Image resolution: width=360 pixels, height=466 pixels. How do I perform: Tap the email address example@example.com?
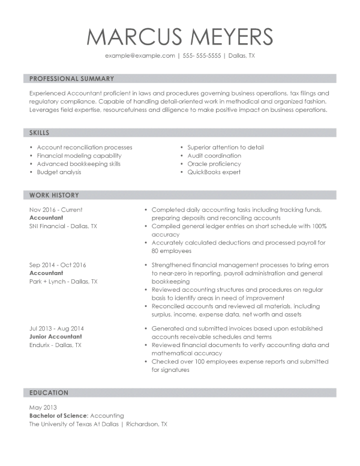(x=140, y=55)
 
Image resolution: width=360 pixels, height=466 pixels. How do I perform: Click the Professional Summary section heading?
(x=71, y=79)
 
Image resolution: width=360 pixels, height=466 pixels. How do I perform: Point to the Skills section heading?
(x=40, y=133)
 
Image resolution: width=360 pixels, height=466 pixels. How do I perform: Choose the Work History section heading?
(x=54, y=195)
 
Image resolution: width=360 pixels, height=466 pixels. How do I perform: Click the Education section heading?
(x=49, y=393)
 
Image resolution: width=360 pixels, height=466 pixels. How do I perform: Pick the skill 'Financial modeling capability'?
(x=79, y=156)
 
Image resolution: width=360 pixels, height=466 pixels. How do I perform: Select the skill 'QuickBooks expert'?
(x=214, y=172)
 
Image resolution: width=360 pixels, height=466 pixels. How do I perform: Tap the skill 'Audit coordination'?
(x=214, y=156)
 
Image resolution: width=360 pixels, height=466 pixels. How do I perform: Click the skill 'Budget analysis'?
(x=59, y=172)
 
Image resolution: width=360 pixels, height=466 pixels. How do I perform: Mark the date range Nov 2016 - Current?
(x=56, y=210)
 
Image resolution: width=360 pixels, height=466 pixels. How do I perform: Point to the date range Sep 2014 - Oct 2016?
(x=58, y=265)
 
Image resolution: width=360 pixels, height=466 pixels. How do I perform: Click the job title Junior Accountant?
(x=56, y=337)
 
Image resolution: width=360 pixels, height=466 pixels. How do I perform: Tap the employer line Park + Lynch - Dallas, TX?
(x=63, y=281)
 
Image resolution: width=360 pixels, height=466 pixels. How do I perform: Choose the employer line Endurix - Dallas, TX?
(x=55, y=345)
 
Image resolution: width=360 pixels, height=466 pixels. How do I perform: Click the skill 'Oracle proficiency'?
(x=214, y=164)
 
